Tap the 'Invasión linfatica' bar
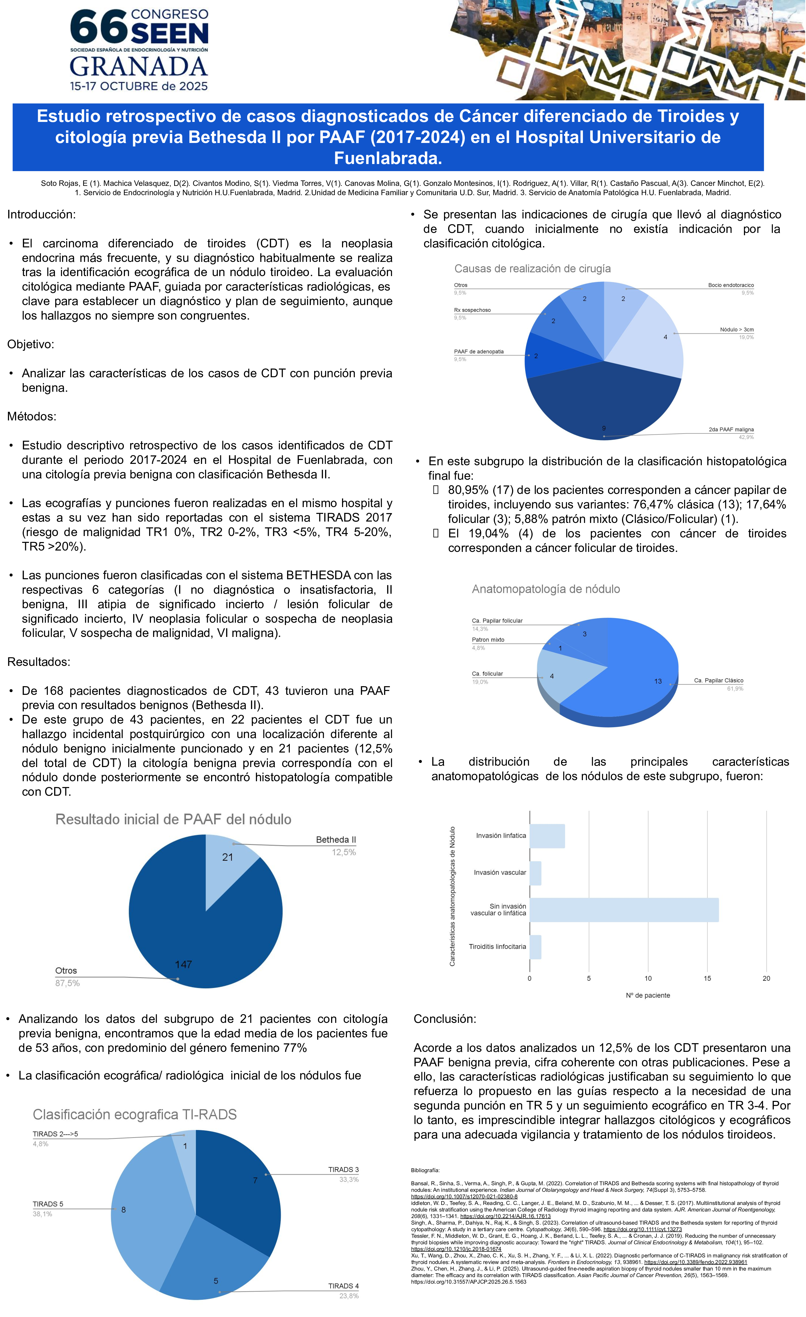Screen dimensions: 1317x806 (547, 836)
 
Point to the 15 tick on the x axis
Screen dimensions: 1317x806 (707, 978)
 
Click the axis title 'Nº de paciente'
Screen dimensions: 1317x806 (648, 995)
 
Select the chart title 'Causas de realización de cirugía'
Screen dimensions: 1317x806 (532, 269)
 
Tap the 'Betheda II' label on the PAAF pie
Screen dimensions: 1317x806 (336, 840)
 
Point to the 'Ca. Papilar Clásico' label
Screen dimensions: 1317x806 (718, 680)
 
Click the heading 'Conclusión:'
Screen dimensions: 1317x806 (445, 1019)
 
